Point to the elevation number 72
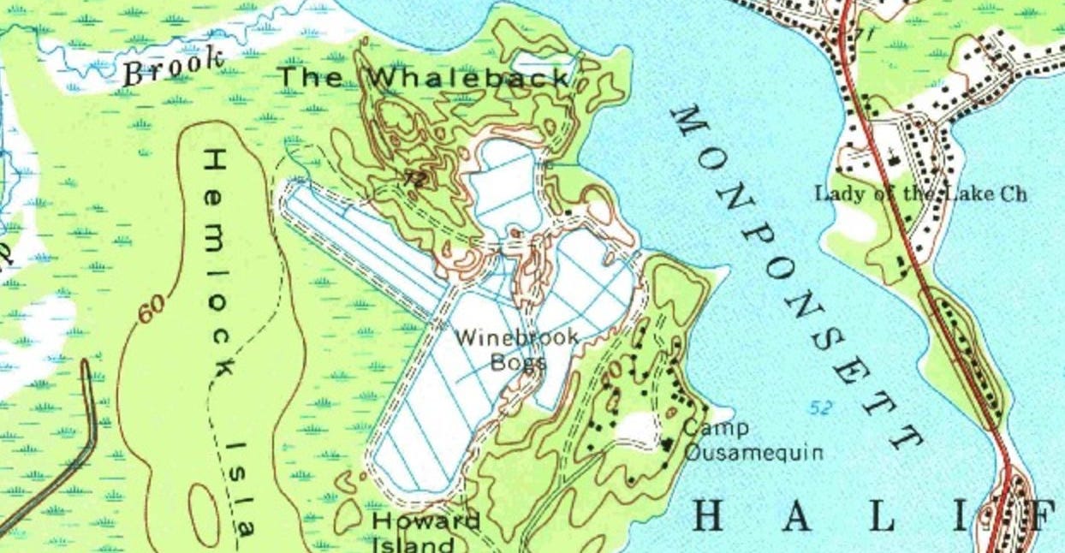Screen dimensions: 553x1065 [415, 178]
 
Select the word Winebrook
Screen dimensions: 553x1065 [515, 337]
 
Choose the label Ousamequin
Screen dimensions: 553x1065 [753, 451]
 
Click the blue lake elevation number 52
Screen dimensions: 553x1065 [819, 407]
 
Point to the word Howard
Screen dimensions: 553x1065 [425, 520]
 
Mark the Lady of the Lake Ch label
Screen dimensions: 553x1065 [920, 193]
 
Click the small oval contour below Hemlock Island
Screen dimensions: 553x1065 [203, 513]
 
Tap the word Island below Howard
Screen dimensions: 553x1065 [414, 544]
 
